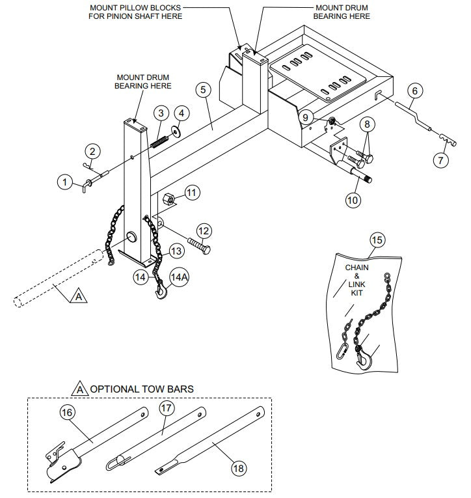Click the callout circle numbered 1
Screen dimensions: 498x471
point(65,182)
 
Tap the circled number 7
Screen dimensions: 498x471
point(442,159)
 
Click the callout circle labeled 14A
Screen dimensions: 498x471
point(180,277)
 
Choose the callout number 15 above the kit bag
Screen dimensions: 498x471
point(377,239)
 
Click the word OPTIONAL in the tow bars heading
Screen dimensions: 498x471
point(114,389)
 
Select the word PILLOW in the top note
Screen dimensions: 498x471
point(133,7)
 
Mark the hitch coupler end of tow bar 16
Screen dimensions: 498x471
point(59,462)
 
